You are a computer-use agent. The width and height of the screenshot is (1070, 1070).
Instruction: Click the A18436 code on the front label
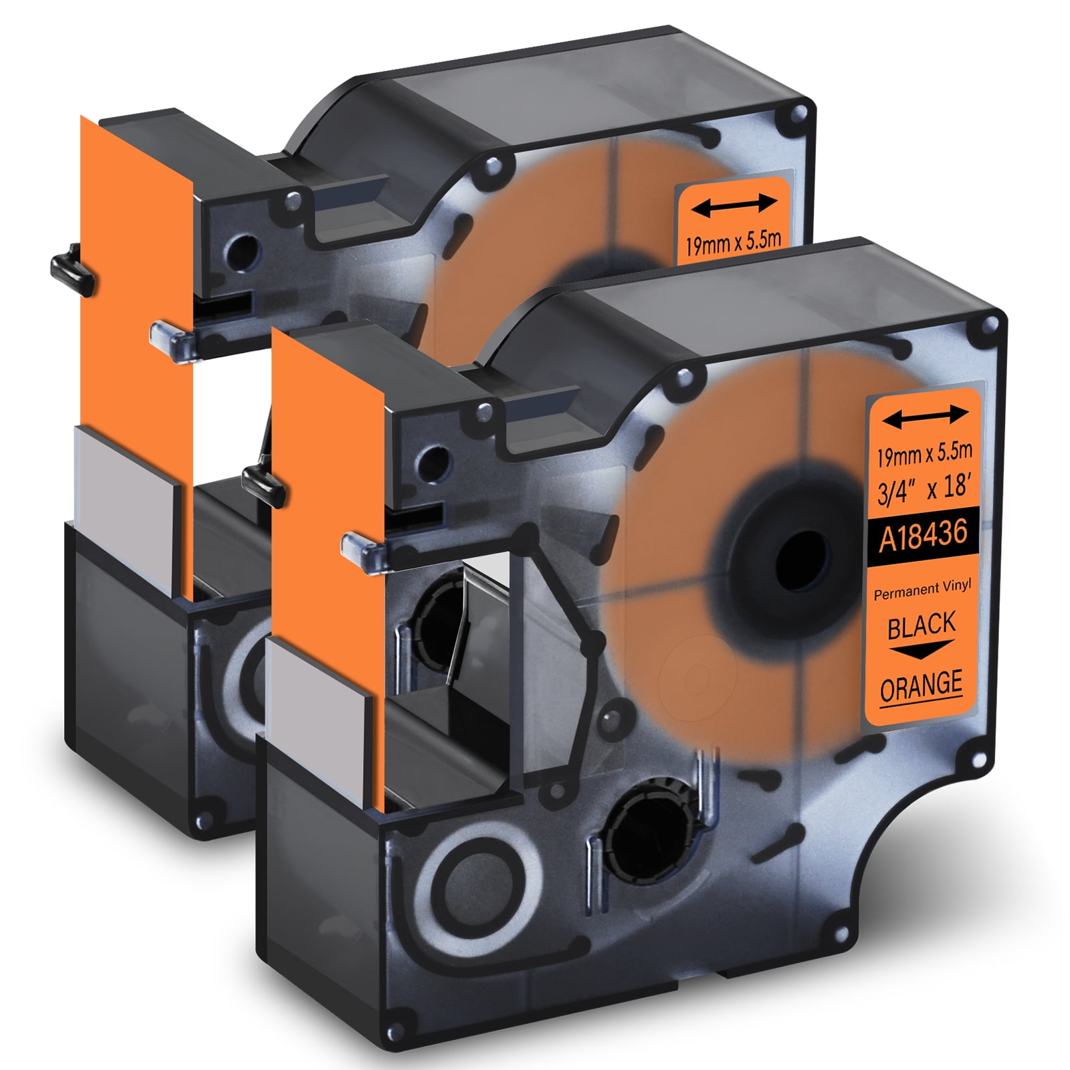pos(923,536)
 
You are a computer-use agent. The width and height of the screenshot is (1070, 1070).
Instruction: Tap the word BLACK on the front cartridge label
pos(922,625)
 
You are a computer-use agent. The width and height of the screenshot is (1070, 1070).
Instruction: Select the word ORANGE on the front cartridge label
pos(921,685)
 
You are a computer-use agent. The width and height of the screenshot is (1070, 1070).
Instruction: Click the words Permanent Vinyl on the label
pos(922,590)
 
